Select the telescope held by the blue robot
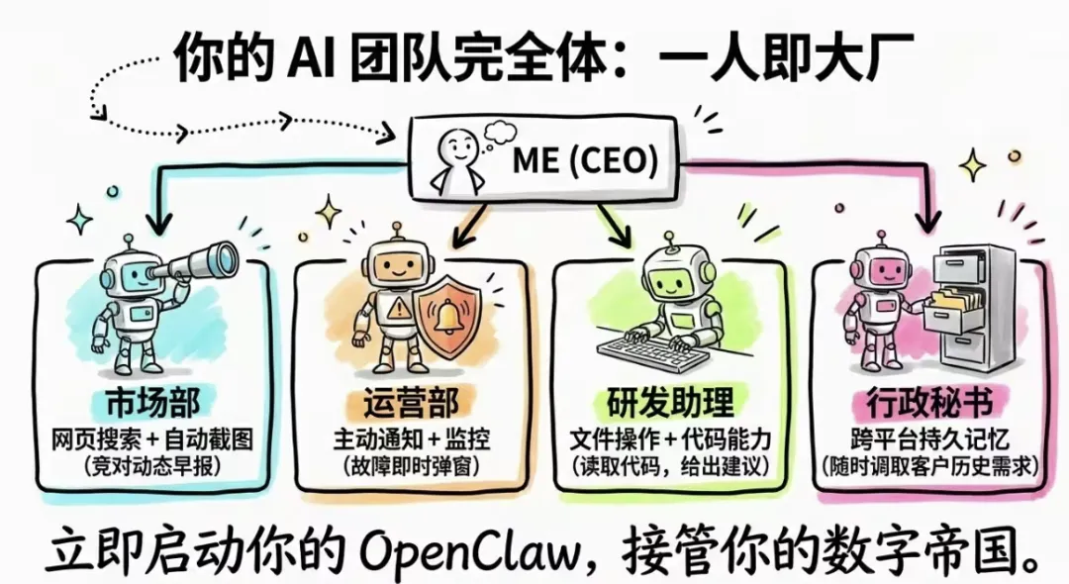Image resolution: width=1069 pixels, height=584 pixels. pos(198,261)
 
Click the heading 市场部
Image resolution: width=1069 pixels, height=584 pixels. pos(152,403)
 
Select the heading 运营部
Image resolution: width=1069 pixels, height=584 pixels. pos(409,403)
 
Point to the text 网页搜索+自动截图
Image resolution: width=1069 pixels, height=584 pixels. pos(153,438)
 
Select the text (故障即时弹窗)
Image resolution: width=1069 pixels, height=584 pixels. pos(410,465)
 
